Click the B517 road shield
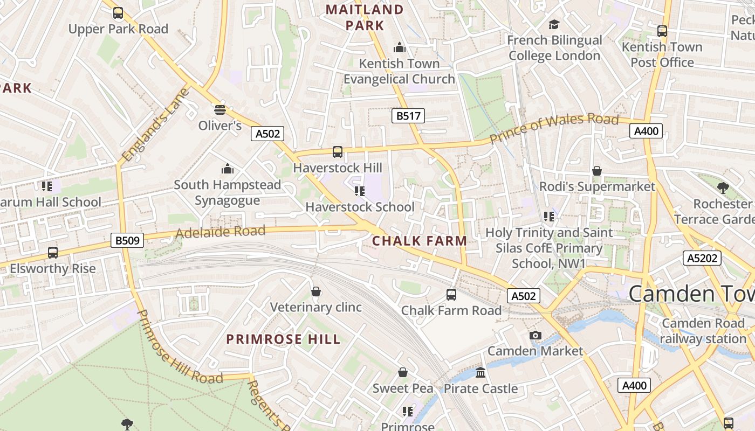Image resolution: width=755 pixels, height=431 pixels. click(408, 115)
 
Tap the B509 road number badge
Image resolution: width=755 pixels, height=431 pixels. click(127, 240)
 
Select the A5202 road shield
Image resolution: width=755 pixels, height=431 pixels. click(702, 258)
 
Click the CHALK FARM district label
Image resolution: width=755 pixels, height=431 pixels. click(420, 241)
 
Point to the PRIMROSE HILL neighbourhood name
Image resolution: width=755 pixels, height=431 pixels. click(283, 339)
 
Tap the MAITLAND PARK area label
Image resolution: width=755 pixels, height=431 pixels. click(365, 17)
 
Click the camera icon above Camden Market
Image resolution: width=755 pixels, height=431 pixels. click(535, 335)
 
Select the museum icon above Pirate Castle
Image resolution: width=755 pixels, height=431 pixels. click(481, 372)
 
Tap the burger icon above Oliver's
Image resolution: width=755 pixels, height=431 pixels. click(219, 110)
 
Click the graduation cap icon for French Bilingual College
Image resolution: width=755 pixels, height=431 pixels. click(554, 25)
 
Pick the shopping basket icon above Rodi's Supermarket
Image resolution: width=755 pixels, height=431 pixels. click(597, 171)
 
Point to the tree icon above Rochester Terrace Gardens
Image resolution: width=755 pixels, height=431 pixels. click(723, 188)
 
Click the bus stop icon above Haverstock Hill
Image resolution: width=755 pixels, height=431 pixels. click(338, 152)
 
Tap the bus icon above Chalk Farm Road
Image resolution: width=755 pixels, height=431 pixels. click(451, 295)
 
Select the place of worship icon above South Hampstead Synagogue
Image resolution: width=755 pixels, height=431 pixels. click(228, 169)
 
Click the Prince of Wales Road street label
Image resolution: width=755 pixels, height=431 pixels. click(554, 128)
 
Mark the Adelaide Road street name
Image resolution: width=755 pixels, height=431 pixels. click(221, 232)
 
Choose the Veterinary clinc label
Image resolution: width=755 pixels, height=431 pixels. click(315, 307)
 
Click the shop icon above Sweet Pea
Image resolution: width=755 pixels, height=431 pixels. click(403, 372)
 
